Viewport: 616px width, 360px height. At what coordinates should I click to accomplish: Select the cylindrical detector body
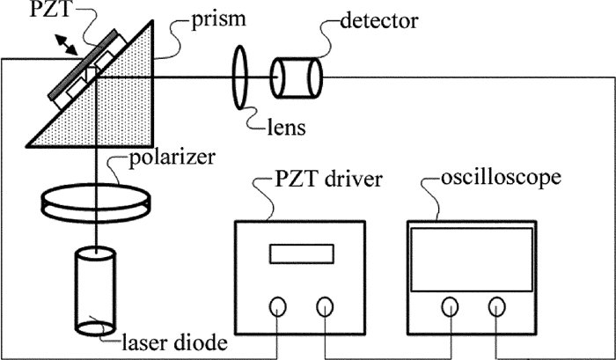(297, 80)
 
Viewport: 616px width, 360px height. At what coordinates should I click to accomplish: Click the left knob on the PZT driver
(277, 306)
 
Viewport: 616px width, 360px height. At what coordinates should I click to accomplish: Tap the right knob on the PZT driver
(325, 306)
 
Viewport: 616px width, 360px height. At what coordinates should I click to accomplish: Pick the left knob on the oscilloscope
(450, 306)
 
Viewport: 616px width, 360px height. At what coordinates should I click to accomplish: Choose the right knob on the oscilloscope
(498, 306)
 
